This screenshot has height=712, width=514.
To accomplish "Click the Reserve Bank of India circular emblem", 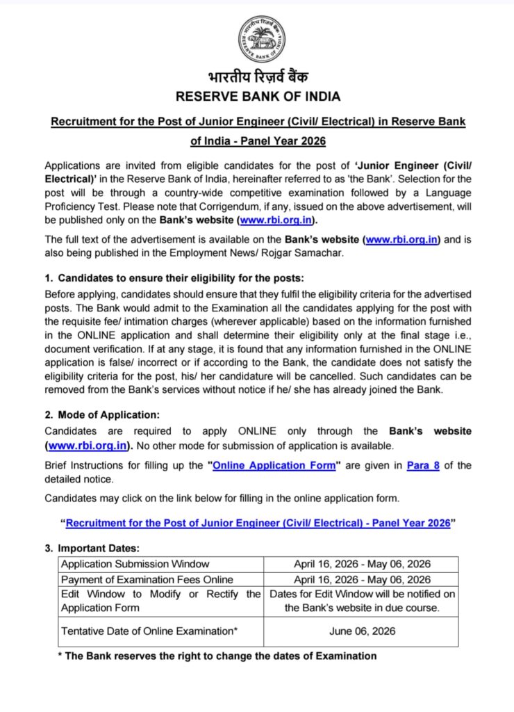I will point(262,39).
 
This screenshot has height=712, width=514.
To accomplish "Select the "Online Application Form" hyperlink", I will point(274,465).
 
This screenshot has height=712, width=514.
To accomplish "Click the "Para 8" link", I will point(422,465).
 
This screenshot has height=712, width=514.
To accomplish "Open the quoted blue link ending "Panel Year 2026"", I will point(258,523).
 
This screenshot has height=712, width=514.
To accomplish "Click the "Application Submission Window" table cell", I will point(135,564).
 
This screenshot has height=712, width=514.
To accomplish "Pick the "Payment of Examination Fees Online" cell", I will point(147,579).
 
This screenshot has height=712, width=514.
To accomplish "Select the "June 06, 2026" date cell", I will point(362,631).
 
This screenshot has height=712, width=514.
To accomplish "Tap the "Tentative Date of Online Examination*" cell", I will point(147,631).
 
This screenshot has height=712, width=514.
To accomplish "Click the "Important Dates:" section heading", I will point(99,549).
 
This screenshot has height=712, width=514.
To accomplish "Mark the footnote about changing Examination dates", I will point(217,656).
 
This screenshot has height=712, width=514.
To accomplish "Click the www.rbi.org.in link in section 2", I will point(88,445).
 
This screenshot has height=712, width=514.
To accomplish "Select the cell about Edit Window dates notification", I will point(362,601).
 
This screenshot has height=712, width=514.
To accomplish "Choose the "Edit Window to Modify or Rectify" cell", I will point(160,601).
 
